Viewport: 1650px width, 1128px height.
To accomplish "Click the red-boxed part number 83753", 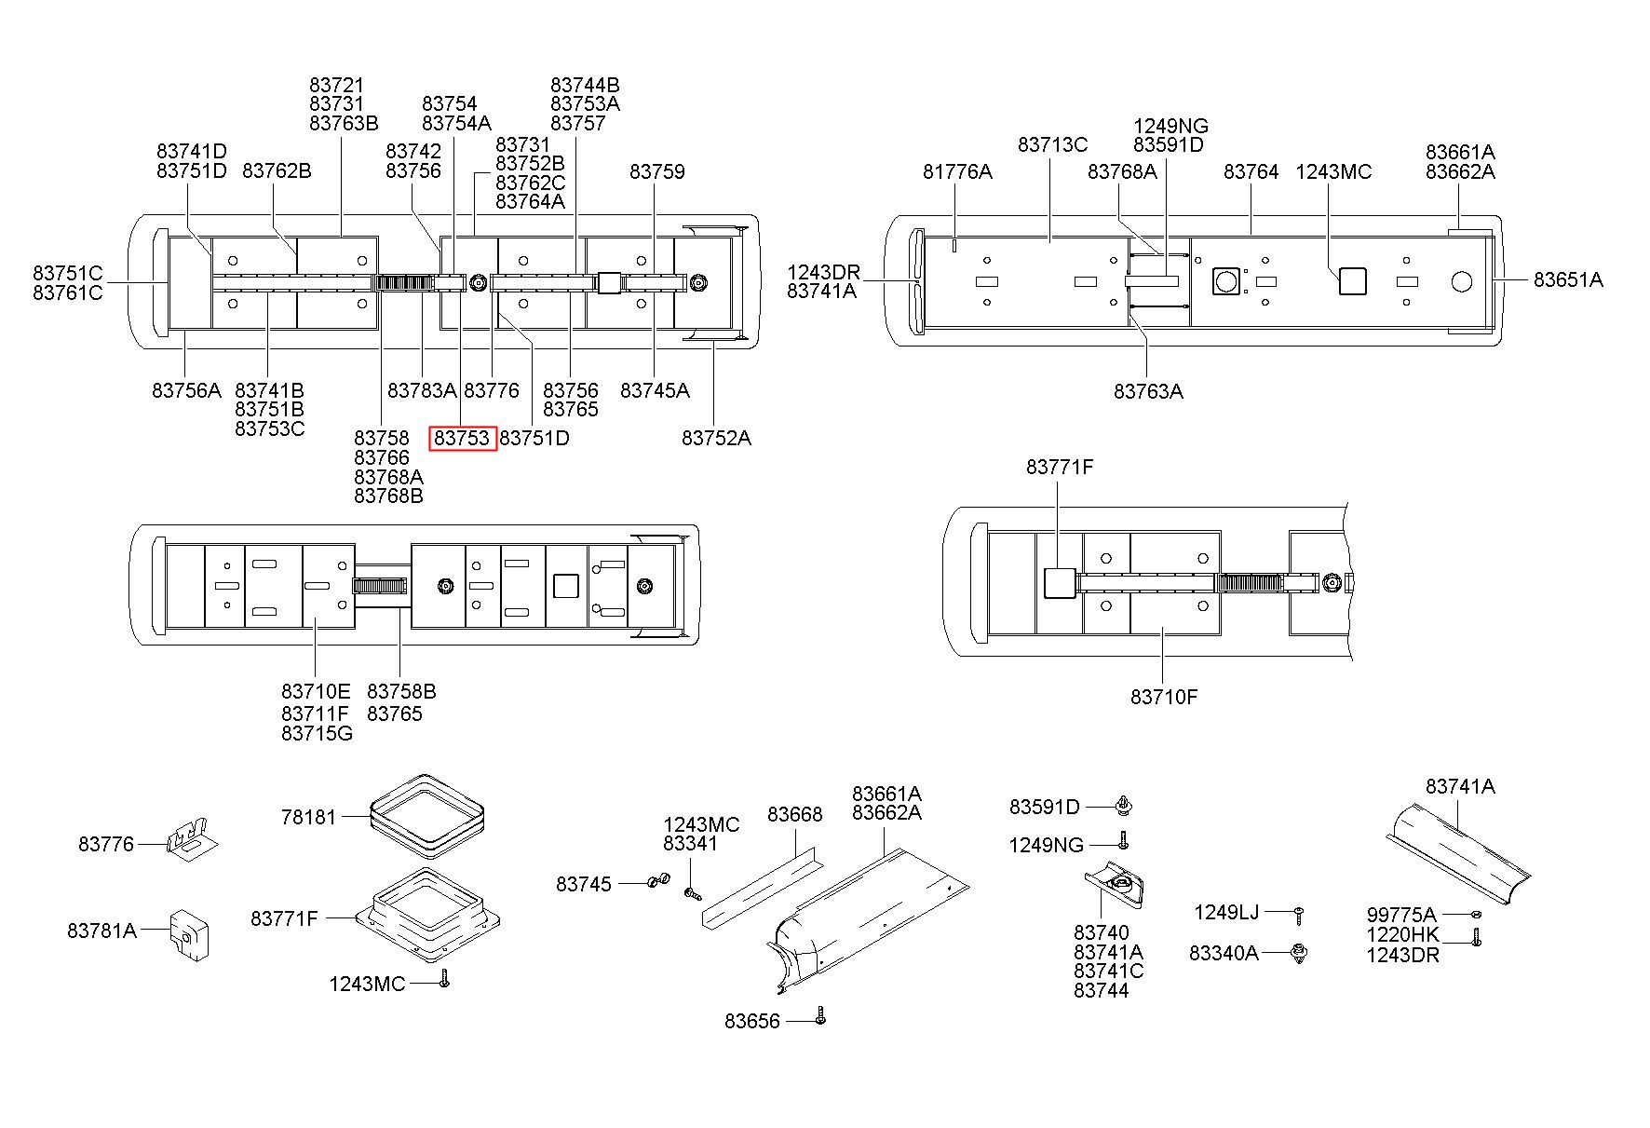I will tap(462, 438).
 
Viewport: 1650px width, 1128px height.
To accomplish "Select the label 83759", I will tap(656, 171).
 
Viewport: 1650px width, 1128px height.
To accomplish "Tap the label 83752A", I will tap(716, 438).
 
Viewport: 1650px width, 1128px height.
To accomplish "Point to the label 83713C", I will tap(1052, 145).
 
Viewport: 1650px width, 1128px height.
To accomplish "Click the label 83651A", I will tap(1568, 279).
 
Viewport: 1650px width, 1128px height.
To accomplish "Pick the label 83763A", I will tap(1148, 391).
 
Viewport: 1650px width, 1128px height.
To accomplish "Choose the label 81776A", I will tap(957, 171).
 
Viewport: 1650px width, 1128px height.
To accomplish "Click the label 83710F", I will tap(1164, 697).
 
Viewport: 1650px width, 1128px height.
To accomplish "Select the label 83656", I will tap(752, 1022).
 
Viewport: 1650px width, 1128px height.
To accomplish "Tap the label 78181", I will tap(308, 817).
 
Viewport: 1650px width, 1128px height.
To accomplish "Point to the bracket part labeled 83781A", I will tap(188, 933).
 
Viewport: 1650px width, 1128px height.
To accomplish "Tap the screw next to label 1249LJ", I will tap(1298, 915).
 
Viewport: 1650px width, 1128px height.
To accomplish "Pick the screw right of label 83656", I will tap(820, 1014).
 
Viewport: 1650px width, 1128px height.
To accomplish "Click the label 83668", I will tap(794, 815).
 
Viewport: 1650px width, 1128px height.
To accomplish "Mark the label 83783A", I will tap(422, 391).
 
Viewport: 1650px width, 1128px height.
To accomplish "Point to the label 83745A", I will tap(655, 391).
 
